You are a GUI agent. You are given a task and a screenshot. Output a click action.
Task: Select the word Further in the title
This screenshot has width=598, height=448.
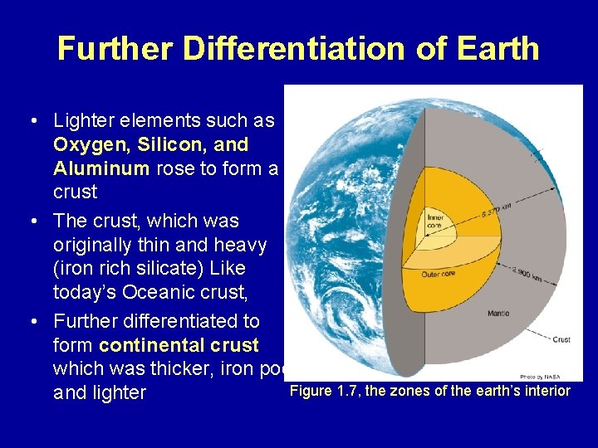115,48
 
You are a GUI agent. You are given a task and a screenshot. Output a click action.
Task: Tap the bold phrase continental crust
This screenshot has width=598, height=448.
179,344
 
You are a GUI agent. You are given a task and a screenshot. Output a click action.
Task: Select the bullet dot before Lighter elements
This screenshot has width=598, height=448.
32,121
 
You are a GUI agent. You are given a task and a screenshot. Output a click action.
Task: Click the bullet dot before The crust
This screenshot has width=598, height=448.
32,222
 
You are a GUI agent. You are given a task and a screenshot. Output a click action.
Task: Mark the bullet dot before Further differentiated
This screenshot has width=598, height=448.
32,321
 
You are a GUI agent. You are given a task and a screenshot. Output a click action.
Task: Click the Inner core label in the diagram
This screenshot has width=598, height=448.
435,222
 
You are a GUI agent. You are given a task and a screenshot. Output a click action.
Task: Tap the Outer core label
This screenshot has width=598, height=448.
438,274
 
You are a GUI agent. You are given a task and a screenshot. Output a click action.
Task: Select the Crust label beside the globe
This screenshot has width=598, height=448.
561,338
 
